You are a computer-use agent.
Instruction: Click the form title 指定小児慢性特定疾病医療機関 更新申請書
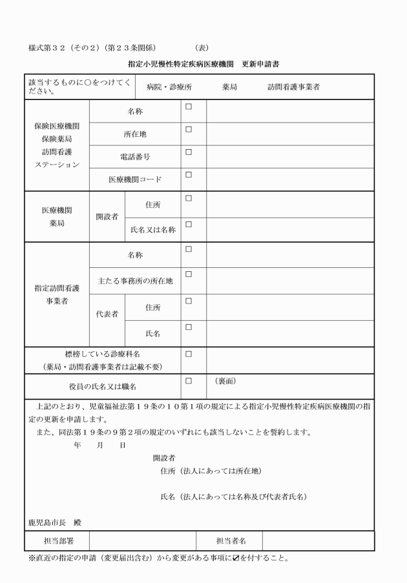(204, 64)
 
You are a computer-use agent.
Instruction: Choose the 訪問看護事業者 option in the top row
(294, 87)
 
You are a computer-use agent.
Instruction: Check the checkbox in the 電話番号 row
(189, 152)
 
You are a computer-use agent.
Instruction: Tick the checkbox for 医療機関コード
(189, 174)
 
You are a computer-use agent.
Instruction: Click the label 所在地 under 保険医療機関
(135, 134)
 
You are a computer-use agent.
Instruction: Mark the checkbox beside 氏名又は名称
(189, 225)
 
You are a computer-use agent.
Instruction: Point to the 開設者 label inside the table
(107, 217)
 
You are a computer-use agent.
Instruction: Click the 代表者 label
(107, 315)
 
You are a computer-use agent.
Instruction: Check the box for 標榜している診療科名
(189, 354)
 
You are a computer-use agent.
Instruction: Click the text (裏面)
(225, 382)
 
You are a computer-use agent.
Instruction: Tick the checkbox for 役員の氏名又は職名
(189, 381)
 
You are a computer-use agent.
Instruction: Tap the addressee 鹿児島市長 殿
(55, 522)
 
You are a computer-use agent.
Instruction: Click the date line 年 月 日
(100, 445)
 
